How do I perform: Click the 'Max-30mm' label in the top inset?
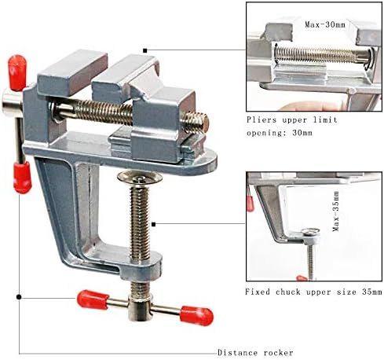pos(325,25)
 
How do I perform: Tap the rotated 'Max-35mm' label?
pos(336,211)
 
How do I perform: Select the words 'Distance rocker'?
pos(255,352)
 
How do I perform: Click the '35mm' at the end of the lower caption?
pos(372,292)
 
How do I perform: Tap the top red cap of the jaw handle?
pos(17,72)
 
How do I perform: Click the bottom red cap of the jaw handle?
pos(23,178)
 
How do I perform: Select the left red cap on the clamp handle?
pos(93,299)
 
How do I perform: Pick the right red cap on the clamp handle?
pos(197,316)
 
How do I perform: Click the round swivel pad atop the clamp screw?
pos(140,178)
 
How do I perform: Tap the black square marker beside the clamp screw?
pos(154,224)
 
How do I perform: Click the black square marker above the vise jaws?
pos(145,50)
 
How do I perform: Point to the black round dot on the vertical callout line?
pos(19,297)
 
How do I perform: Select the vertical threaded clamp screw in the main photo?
pos(140,222)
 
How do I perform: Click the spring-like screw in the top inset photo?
pos(322,54)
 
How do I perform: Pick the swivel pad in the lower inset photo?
pos(310,232)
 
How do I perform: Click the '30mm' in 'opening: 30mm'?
pos(302,133)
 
